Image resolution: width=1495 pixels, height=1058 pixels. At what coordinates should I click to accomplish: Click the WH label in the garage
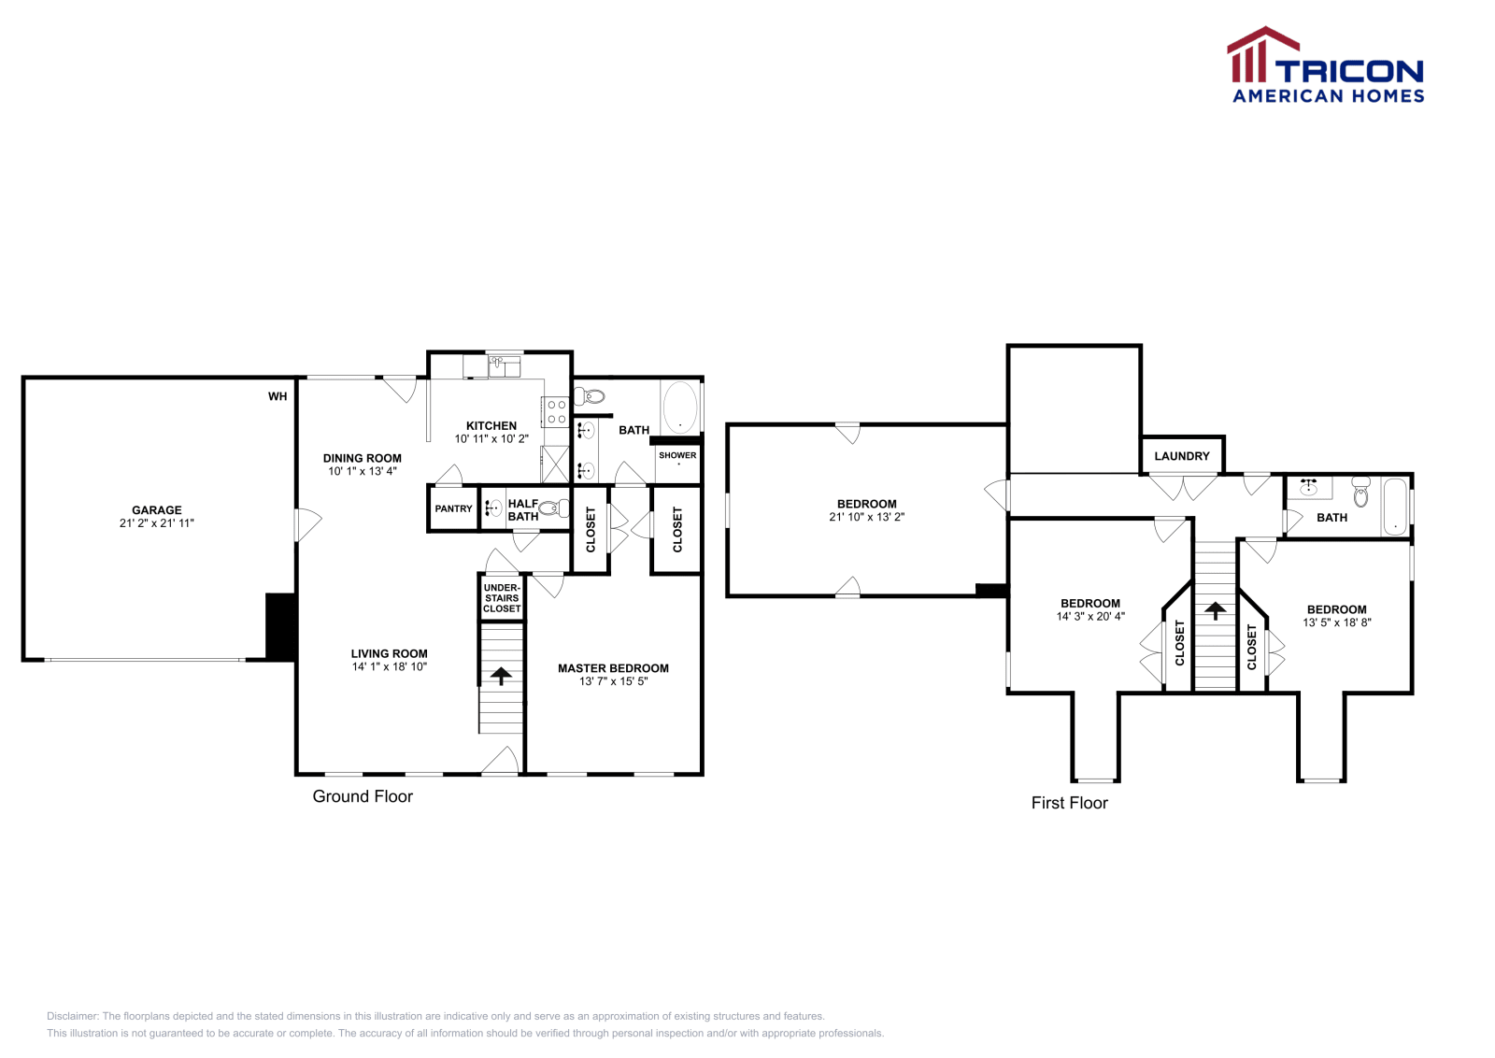pos(278,396)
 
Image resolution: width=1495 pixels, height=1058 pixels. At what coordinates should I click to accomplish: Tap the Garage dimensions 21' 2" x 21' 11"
pos(157,523)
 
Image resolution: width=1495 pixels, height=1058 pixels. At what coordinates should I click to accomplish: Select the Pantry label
pos(453,508)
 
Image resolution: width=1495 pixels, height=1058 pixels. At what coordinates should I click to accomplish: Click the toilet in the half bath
pos(555,508)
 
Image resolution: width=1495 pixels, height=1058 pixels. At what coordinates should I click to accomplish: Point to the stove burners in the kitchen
pos(556,412)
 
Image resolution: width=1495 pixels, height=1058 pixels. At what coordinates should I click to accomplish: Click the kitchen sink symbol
pos(505,365)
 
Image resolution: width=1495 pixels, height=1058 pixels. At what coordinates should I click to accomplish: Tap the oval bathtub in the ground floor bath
pos(679,407)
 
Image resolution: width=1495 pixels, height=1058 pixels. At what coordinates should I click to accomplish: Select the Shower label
pos(677,455)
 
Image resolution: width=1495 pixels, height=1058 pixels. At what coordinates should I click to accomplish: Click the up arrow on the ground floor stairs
pos(502,675)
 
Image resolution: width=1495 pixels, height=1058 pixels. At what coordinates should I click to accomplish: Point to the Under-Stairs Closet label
pos(502,598)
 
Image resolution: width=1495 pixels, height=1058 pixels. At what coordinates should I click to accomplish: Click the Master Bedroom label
pos(613,668)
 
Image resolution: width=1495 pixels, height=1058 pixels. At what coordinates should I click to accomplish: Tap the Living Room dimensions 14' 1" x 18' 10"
pos(390,667)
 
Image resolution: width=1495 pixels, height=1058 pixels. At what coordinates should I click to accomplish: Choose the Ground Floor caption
pos(363,796)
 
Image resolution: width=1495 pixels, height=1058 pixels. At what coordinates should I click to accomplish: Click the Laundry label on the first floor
pos(1182,456)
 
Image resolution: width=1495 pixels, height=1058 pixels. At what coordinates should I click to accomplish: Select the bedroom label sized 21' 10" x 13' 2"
pos(867,504)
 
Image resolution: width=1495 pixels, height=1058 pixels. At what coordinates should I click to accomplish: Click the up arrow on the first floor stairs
pos(1216,610)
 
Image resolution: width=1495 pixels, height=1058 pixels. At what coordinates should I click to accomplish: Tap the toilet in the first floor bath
pos(1360,493)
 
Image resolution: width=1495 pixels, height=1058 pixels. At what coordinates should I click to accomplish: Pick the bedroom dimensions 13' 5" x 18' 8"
pos(1337,622)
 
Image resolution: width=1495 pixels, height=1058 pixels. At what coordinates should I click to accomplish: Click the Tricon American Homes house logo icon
pos(1261,56)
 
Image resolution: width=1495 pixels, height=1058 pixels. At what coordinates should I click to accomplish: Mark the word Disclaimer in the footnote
pos(72,1016)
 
